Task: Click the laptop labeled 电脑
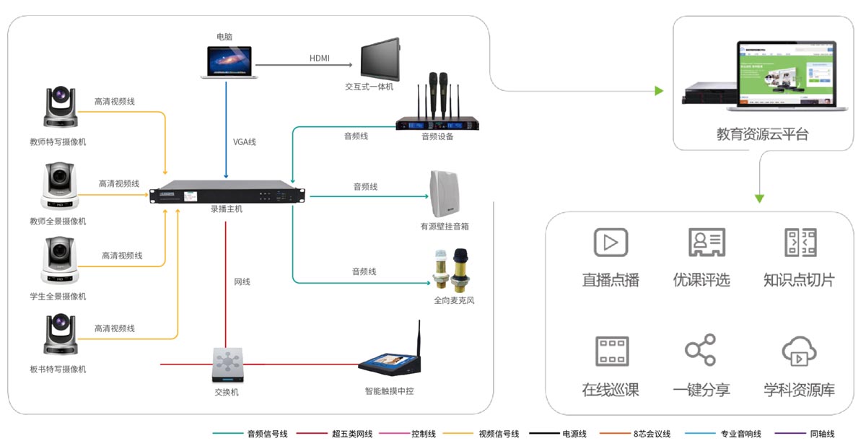click(x=226, y=62)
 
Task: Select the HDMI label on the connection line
click(x=319, y=58)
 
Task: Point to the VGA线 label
click(x=245, y=141)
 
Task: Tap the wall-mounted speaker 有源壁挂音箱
click(x=445, y=195)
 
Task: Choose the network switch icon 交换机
click(x=226, y=365)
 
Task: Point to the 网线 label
click(x=242, y=281)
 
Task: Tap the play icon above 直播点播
click(x=611, y=243)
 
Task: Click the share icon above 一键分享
click(x=700, y=350)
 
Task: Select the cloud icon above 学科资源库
click(x=799, y=352)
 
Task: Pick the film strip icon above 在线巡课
click(x=611, y=351)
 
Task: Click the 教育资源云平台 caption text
click(x=763, y=134)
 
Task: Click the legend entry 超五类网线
click(x=351, y=434)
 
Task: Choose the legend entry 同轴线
click(x=821, y=434)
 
